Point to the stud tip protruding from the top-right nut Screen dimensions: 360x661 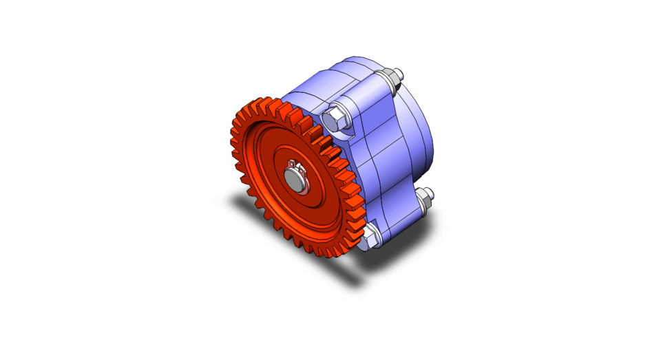click(x=399, y=72)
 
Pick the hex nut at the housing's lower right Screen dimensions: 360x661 click(x=423, y=201)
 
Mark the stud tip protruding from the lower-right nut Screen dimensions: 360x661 click(x=430, y=192)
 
